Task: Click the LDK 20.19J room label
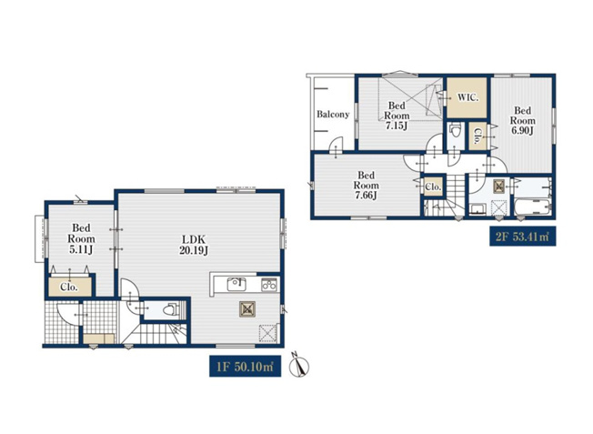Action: (x=194, y=245)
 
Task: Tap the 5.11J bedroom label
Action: (x=81, y=238)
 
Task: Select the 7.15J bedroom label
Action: (x=397, y=116)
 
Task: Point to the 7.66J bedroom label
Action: (x=367, y=186)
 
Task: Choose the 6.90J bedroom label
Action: (x=523, y=121)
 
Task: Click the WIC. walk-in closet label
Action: (x=467, y=97)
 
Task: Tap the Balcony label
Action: (x=333, y=115)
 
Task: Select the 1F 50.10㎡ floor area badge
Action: (x=245, y=367)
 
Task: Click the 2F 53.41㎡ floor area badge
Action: (x=523, y=237)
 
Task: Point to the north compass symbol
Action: (x=299, y=365)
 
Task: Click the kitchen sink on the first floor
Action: (x=236, y=284)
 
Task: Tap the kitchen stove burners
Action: (x=269, y=285)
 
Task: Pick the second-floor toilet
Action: (x=456, y=130)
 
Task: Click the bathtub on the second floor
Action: (x=533, y=207)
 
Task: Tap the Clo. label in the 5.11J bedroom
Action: (x=69, y=288)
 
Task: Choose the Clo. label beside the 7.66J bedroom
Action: (x=433, y=187)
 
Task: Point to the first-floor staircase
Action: (x=155, y=333)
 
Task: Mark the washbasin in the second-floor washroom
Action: (x=477, y=209)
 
